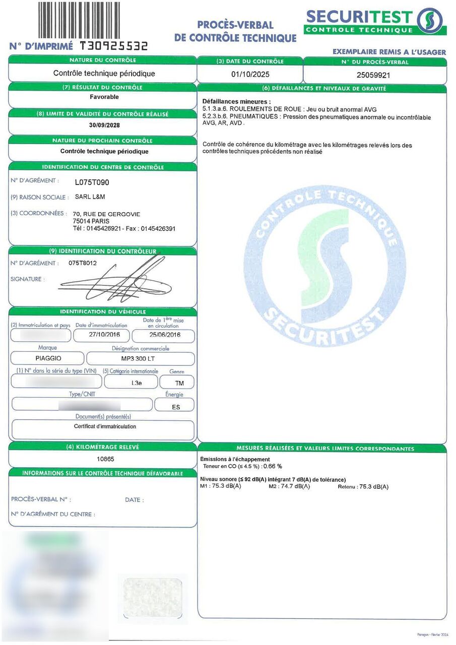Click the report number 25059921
click(374, 75)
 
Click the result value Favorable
click(104, 97)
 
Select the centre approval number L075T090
click(92, 182)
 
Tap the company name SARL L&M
click(90, 197)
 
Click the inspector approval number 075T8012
click(82, 263)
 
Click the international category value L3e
click(137, 382)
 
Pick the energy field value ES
click(176, 406)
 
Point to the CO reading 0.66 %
click(273, 466)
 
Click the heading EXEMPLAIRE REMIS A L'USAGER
click(389, 52)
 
